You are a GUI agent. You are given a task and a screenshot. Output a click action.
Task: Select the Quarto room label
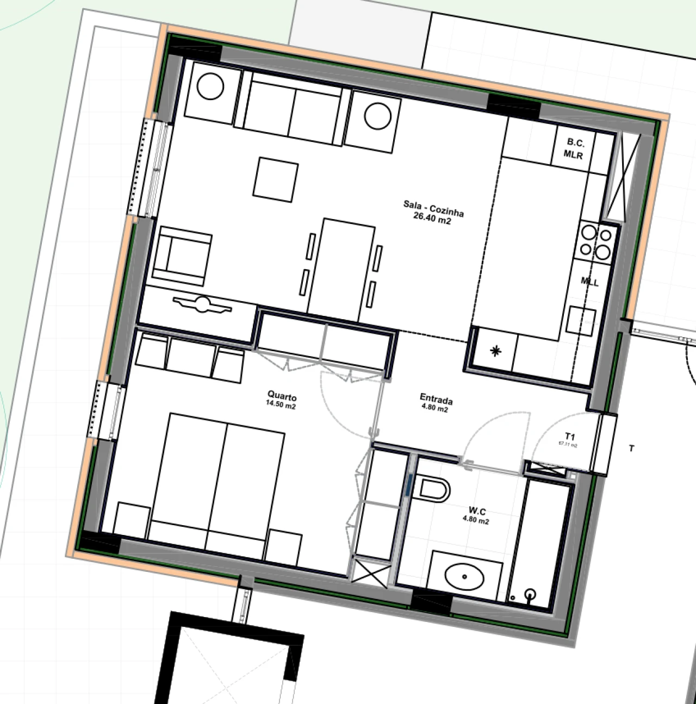click(x=282, y=396)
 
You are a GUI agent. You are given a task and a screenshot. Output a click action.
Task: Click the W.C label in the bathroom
click(x=477, y=511)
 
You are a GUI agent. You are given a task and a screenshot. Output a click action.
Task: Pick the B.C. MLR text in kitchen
click(x=574, y=148)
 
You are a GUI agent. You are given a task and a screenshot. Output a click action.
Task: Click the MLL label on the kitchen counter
click(x=589, y=282)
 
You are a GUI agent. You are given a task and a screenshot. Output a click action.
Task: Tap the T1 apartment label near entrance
click(x=570, y=436)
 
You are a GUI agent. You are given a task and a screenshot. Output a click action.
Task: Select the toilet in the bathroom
click(x=433, y=489)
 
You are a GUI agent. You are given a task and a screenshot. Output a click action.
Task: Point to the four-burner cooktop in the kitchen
click(x=595, y=242)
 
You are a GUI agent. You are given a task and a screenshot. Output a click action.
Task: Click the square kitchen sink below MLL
click(x=581, y=320)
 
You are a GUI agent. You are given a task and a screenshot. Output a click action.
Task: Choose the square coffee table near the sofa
click(x=275, y=178)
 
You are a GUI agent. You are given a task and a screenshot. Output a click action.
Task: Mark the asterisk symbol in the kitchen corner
click(x=495, y=351)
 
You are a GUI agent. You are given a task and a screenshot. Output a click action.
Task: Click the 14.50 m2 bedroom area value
click(x=281, y=405)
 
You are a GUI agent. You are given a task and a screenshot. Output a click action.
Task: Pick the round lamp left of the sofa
click(x=210, y=87)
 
